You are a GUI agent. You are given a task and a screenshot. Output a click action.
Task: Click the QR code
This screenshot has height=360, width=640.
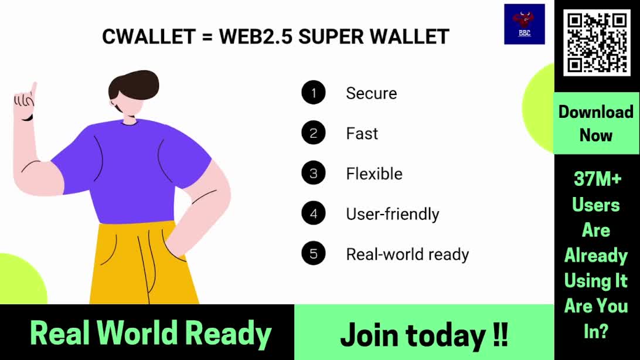(x=597, y=42)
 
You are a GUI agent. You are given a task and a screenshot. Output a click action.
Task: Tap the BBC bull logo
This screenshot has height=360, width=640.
(x=525, y=24)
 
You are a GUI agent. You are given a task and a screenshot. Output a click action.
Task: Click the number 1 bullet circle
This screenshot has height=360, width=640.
(x=314, y=93)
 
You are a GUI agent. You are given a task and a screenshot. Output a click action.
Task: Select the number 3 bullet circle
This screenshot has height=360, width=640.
(x=314, y=173)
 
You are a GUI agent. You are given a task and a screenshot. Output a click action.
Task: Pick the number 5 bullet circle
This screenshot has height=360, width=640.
(x=314, y=253)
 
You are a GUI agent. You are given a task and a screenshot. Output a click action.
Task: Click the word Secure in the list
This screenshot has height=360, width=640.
(x=372, y=93)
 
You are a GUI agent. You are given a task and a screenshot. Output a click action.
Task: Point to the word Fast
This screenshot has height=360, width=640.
(x=362, y=134)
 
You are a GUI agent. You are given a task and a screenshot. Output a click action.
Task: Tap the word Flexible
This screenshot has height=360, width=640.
(x=375, y=174)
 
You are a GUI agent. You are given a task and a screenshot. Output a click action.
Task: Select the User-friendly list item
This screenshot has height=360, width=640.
(x=393, y=214)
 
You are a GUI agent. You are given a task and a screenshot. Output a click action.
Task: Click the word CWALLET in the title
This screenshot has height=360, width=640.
(x=149, y=37)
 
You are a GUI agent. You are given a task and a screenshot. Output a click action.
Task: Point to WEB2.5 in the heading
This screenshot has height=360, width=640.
(x=256, y=37)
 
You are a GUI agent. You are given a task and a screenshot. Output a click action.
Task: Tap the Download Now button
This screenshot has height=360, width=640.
(x=596, y=123)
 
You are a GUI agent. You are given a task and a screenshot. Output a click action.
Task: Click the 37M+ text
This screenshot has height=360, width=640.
(x=598, y=179)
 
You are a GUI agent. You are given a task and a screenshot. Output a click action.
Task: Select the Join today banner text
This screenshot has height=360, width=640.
(x=424, y=335)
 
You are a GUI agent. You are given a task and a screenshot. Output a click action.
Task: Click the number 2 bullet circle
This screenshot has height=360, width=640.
(x=314, y=133)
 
